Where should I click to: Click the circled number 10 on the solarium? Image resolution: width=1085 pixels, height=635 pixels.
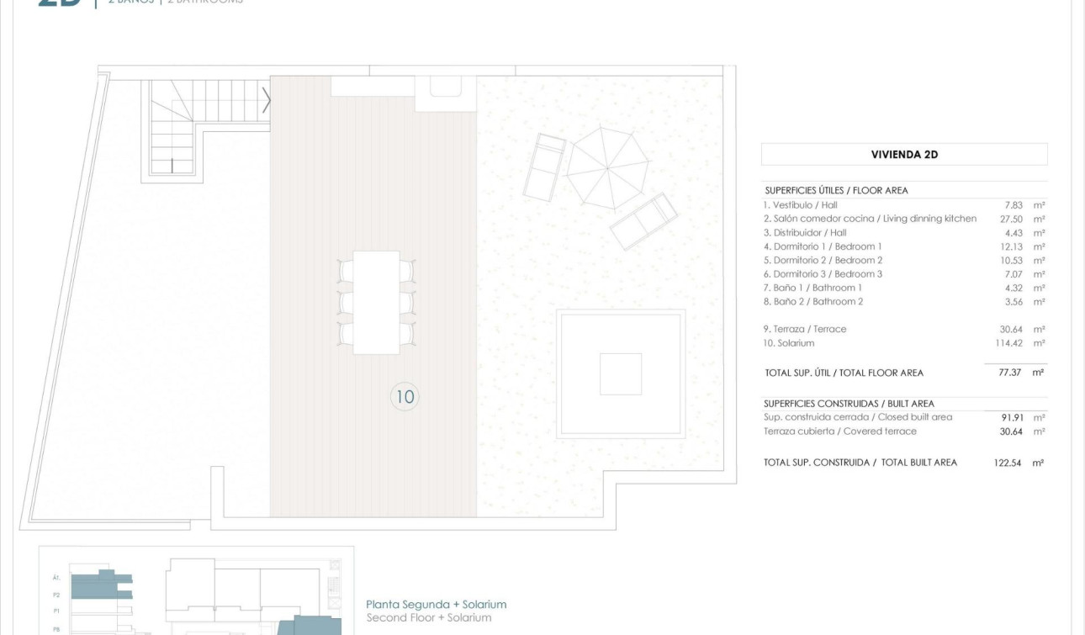[405, 396]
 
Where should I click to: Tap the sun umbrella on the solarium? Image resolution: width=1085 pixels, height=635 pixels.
[607, 167]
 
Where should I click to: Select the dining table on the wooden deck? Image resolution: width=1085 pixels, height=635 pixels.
[376, 302]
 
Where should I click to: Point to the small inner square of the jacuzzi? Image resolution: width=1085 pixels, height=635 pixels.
[621, 373]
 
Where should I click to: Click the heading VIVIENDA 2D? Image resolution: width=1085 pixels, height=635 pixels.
[904, 155]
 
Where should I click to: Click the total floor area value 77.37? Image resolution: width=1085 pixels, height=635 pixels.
[1009, 372]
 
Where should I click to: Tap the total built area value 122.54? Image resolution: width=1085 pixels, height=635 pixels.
[1007, 463]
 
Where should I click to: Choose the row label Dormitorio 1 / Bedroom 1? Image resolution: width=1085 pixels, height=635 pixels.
[823, 246]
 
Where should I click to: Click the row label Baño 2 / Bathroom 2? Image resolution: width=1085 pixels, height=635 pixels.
[813, 301]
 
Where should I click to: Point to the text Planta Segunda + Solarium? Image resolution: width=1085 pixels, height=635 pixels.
[437, 604]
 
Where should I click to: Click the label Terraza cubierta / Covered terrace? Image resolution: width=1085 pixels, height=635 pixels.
[839, 431]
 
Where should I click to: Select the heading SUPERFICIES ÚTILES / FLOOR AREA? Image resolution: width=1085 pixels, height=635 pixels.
[836, 191]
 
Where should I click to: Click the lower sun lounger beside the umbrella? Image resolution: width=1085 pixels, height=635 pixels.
[643, 221]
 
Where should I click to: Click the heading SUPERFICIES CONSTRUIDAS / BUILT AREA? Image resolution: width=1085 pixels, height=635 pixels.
[849, 404]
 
